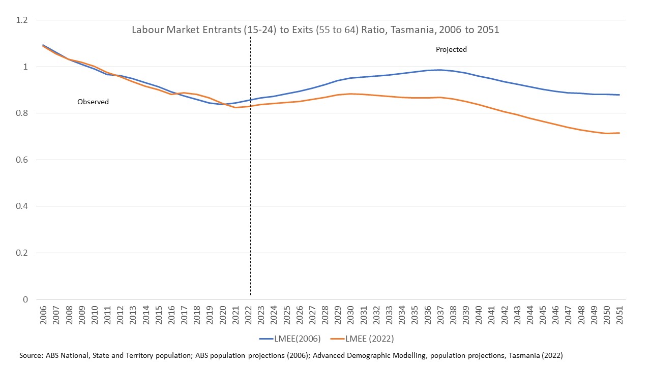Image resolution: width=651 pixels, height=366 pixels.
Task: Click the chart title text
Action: pos(315,29)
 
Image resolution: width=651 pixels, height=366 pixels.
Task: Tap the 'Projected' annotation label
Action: pos(451,50)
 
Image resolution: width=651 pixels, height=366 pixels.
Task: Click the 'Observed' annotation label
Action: pos(93,102)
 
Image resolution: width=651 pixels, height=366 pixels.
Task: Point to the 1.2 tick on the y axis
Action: pos(22,20)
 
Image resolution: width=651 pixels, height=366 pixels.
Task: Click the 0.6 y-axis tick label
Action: pos(22,160)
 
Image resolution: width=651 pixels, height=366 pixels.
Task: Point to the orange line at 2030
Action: pos(350,94)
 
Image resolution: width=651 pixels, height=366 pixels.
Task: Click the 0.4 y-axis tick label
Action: pos(22,206)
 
